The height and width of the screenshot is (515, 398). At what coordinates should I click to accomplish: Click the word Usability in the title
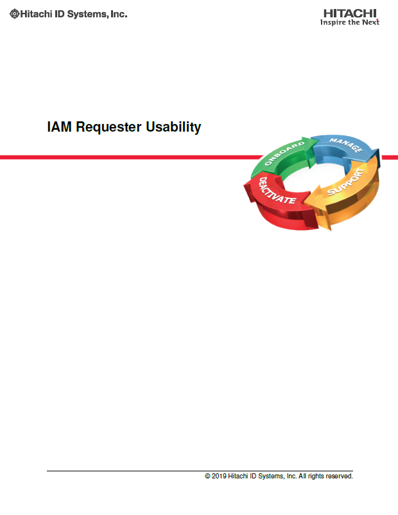tap(173, 127)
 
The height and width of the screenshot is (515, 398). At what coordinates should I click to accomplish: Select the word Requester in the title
tap(108, 127)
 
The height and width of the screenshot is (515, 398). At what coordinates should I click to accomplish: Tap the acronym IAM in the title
tap(60, 127)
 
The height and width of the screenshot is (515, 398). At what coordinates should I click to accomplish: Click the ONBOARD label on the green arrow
tap(284, 153)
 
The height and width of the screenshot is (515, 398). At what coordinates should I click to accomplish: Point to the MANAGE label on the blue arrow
tap(346, 145)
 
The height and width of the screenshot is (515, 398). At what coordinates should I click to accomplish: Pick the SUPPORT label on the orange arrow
tap(346, 182)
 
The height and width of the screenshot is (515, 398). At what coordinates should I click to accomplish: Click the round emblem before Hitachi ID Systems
tap(15, 13)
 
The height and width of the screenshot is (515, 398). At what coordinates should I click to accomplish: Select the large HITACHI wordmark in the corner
tap(350, 13)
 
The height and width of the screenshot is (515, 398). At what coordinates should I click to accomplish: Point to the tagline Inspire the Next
tap(350, 22)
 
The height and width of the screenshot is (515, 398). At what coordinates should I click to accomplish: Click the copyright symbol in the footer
tap(207, 476)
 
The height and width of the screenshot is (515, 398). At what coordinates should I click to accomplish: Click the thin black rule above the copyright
tap(200, 471)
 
